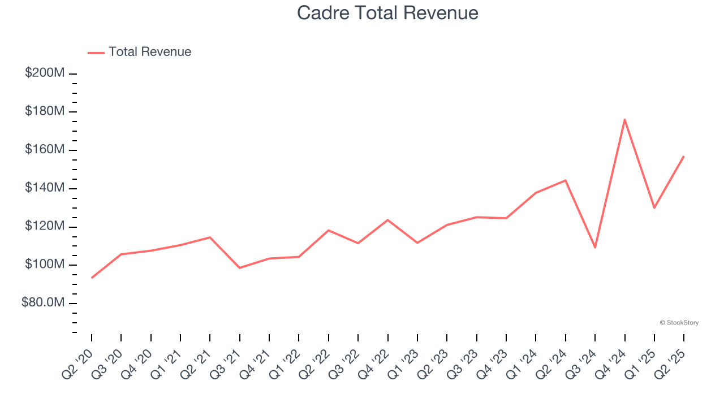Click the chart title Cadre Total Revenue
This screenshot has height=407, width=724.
tap(387, 12)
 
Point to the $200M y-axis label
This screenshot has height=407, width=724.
tap(45, 73)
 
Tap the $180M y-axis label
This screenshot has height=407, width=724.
tap(45, 111)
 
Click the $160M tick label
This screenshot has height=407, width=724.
tap(45, 150)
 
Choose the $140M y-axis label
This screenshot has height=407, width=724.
tap(45, 188)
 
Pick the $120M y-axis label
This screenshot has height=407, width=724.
tap(45, 226)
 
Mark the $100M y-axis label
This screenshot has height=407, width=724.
tap(45, 265)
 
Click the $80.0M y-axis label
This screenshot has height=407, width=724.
tap(43, 303)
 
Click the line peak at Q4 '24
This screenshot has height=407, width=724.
tap(624, 119)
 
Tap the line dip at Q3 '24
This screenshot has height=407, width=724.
tap(595, 248)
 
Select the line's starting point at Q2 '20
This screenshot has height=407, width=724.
tap(92, 278)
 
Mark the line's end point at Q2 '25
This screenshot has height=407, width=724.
tap(684, 156)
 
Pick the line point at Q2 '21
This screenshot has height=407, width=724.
tap(210, 237)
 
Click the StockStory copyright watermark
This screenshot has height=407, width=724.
tap(679, 323)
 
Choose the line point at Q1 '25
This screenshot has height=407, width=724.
tap(654, 207)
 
